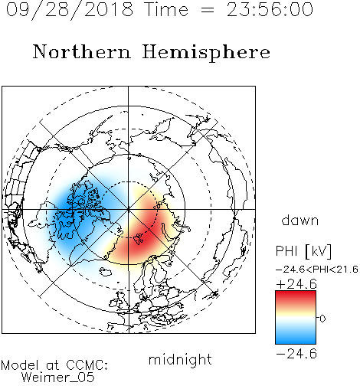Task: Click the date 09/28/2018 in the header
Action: point(70,10)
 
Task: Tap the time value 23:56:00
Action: point(270,10)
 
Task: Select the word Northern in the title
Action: point(82,52)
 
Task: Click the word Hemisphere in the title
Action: point(206,53)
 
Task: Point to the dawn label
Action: point(300,220)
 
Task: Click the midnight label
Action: point(180,360)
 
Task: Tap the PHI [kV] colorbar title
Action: point(303,251)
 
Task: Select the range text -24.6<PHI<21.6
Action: point(317,270)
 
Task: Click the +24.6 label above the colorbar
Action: point(296,284)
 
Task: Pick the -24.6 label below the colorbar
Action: point(296,354)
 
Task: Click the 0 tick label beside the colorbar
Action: point(322,319)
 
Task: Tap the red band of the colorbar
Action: point(296,297)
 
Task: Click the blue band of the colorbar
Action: point(296,337)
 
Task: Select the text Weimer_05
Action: point(58,378)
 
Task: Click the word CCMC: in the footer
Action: point(87,365)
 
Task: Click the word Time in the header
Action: point(166,10)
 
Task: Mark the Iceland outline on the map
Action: point(106,272)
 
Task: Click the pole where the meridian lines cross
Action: point(129,210)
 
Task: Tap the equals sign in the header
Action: point(208,10)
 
